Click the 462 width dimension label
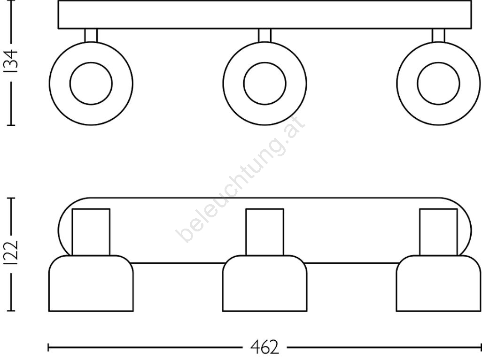point(264,347)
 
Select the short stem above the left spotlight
point(91,35)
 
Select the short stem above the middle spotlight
point(264,35)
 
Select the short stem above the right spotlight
point(438,35)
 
